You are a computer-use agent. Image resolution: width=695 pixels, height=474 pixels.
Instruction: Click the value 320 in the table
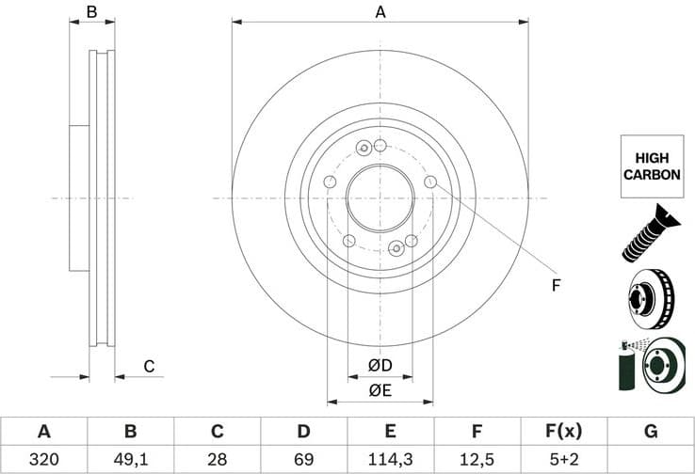point(43,460)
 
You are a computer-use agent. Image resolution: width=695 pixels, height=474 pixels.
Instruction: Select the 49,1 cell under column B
point(130,460)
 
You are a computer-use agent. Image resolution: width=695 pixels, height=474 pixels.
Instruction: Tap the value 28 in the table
point(217,460)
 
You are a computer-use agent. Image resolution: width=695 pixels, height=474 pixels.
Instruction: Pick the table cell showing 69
point(303,460)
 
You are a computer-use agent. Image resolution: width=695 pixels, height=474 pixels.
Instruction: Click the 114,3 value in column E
point(390,460)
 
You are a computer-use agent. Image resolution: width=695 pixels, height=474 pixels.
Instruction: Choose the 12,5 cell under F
point(477,460)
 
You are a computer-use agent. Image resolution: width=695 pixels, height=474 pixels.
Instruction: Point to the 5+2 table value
point(563,460)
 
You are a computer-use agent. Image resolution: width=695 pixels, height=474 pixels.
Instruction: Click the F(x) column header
point(563,432)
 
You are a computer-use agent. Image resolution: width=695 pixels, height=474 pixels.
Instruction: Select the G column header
point(650,432)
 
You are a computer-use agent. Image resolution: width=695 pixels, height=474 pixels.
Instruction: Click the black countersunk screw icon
point(649,233)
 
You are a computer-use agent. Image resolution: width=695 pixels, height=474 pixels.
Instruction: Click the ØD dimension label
point(380,365)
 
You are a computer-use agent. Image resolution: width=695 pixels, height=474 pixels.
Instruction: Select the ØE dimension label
point(380,390)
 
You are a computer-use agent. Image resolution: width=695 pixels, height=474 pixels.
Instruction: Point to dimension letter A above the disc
point(380,12)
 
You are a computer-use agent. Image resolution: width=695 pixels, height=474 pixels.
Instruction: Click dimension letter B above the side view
point(91,12)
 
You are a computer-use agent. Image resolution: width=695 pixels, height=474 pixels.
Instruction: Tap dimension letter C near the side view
point(148,367)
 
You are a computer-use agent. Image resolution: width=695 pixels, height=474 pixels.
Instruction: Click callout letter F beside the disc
point(556,284)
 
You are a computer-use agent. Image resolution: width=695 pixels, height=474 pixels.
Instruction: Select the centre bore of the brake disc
point(380,198)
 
